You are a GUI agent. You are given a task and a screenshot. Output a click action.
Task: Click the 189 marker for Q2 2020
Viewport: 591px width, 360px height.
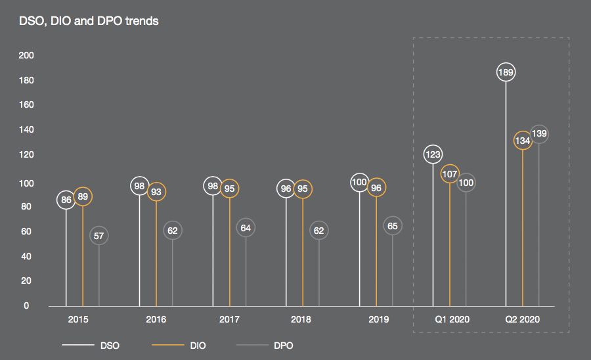506,73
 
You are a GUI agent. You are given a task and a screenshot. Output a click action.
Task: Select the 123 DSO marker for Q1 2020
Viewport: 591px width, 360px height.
433,155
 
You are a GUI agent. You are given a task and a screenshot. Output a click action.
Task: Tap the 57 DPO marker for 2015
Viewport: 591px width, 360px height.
99,236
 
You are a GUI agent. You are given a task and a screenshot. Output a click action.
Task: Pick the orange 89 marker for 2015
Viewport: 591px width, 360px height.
83,196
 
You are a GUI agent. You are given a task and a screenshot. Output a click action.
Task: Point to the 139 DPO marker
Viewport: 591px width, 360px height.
539,134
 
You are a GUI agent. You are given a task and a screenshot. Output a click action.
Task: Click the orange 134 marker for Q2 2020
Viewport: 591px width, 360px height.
523,141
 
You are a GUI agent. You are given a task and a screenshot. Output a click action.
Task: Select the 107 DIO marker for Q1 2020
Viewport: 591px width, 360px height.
450,175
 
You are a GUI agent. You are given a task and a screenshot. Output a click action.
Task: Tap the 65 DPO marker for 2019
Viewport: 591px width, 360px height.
393,226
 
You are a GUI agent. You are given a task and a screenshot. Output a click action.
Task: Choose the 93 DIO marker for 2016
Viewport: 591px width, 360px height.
156,192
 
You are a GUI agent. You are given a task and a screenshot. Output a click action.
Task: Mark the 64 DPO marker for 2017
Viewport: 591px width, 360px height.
246,228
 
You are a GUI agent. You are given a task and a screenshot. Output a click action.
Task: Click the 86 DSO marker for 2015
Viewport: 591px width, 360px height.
66,200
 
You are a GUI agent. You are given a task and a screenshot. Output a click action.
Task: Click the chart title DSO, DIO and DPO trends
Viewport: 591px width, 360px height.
88,21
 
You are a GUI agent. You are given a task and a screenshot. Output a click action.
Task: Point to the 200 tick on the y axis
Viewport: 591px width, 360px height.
26,55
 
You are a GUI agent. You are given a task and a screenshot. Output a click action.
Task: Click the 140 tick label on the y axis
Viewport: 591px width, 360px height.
26,130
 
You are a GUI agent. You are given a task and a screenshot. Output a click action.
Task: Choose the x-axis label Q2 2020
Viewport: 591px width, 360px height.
523,320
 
